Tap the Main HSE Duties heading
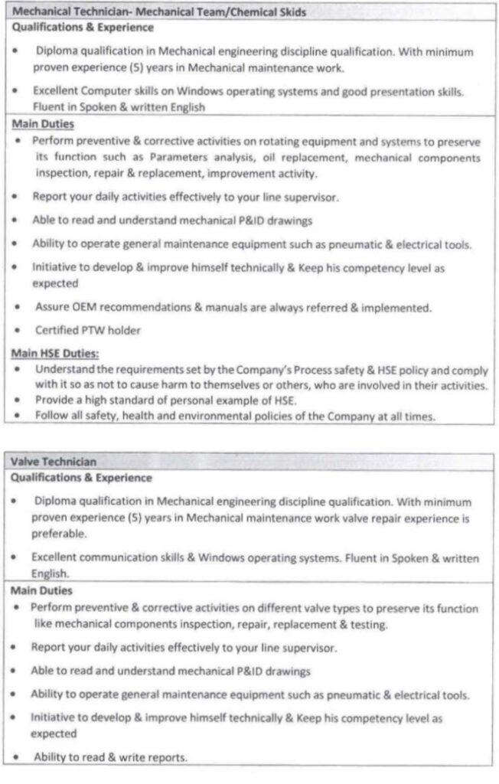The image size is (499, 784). [x=55, y=353]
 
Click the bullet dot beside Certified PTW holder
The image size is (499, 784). [x=15, y=331]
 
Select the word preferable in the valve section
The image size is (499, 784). [x=57, y=534]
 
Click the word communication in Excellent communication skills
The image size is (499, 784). [x=112, y=557]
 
